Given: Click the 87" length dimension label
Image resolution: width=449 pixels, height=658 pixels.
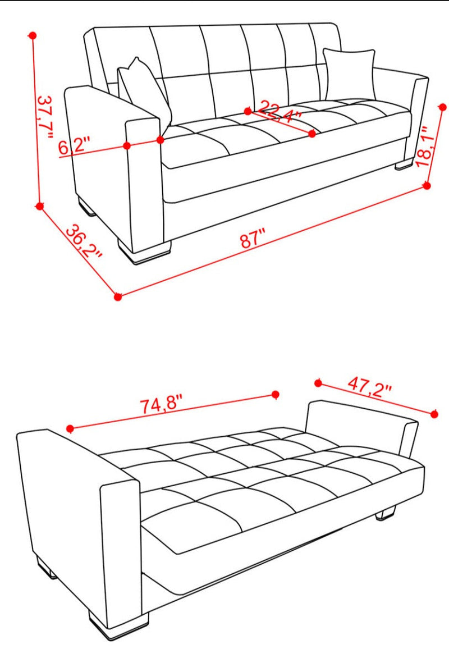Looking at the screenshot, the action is [x=253, y=239].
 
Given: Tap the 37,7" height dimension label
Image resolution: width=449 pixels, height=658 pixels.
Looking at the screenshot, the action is [x=45, y=117].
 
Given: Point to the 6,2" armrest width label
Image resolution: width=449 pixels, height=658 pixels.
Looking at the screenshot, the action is [x=74, y=146].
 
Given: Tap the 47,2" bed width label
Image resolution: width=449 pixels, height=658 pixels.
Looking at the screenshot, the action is [x=369, y=386].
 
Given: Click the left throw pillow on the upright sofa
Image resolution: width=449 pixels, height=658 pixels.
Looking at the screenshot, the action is [x=145, y=90].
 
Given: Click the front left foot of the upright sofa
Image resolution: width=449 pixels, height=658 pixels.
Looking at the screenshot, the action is [x=144, y=252].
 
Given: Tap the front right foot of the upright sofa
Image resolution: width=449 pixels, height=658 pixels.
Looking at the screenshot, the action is [x=404, y=164].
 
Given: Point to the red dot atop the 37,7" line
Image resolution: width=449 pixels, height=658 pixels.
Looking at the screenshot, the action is [x=33, y=36].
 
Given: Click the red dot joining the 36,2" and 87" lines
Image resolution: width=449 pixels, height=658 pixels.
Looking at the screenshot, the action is [x=118, y=297].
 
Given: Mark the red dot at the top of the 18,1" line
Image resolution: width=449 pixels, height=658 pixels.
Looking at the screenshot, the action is [x=442, y=107].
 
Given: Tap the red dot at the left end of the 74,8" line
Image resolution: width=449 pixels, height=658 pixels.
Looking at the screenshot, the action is [x=70, y=428].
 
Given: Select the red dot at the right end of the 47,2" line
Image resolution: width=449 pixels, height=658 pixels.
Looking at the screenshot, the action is [x=435, y=414].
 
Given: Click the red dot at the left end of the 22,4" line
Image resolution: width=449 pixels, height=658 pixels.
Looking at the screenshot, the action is [x=248, y=111].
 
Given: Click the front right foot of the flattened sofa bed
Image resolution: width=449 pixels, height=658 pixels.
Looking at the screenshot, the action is [x=385, y=514].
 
